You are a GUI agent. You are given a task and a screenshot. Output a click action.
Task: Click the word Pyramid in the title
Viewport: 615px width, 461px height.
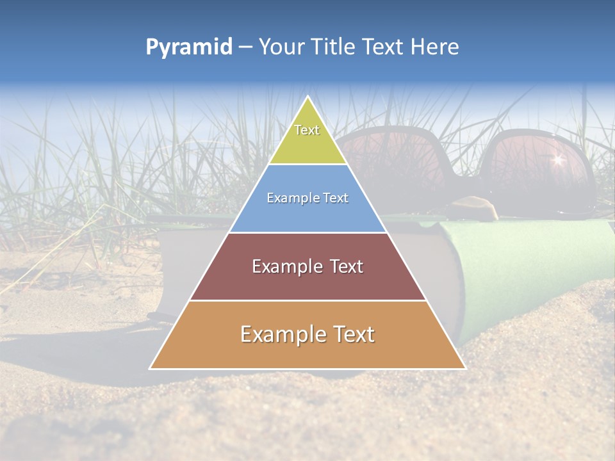[x=188, y=47]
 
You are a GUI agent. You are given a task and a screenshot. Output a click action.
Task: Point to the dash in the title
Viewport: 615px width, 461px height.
[x=244, y=47]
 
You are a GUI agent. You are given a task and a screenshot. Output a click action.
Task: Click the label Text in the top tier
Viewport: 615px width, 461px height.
[x=307, y=130]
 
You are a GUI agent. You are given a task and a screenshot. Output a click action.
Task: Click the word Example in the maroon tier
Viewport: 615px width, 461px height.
[x=280, y=266]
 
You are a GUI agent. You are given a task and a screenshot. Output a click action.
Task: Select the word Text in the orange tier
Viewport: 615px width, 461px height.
[x=350, y=334]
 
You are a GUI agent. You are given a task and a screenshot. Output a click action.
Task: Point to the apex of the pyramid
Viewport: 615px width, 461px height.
[x=307, y=97]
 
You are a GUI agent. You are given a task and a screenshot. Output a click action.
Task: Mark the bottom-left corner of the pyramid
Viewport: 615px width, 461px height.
[x=150, y=368]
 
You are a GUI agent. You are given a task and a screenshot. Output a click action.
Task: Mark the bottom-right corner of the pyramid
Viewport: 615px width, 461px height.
[x=465, y=368]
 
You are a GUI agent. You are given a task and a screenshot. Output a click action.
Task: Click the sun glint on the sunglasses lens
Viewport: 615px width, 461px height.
[x=557, y=159]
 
